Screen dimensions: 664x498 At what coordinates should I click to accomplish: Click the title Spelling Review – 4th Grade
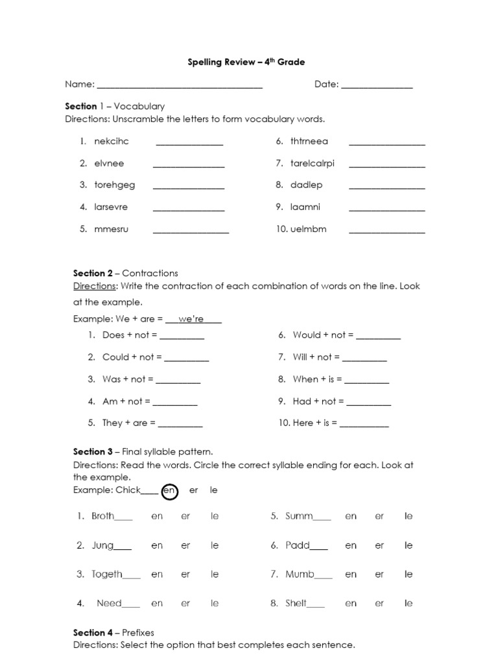246,62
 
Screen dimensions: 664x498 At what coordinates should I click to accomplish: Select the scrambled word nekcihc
112,141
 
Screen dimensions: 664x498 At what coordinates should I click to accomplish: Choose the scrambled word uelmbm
309,229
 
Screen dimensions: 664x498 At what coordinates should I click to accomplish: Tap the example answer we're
191,319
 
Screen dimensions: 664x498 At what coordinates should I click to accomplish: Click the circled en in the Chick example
169,491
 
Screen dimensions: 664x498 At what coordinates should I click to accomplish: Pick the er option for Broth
185,516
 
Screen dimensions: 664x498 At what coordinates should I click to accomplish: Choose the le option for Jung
215,545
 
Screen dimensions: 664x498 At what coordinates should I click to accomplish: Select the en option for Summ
351,516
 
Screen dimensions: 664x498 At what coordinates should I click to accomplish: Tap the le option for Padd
409,545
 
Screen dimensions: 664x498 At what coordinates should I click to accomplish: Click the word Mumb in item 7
300,575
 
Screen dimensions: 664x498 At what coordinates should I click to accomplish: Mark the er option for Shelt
379,603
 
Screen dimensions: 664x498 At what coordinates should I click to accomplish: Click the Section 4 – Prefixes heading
113,632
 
